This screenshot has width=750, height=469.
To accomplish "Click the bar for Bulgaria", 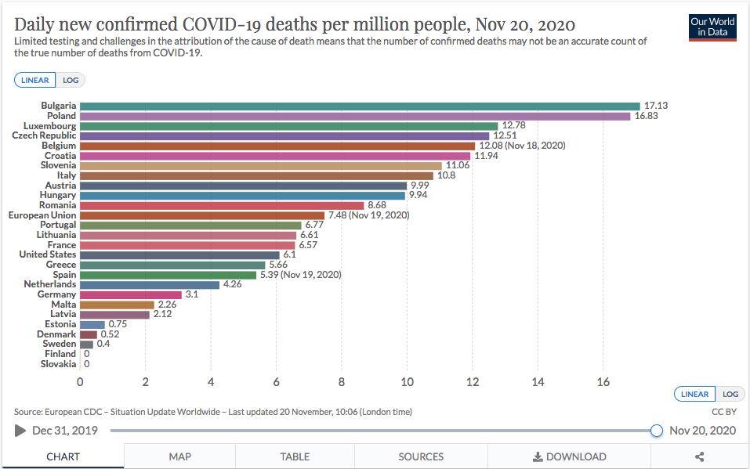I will coord(360,106).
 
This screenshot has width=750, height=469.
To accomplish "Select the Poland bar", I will coord(355,116).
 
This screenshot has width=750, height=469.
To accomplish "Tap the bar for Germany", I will coord(130,294).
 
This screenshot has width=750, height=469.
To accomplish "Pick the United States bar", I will coord(179,254).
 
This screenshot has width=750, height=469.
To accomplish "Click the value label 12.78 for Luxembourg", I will coord(513,125).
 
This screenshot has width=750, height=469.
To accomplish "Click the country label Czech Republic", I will coord(44,135).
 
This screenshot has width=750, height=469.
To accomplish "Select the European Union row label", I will coord(42,215).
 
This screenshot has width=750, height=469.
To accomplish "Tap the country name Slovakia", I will coord(59,364).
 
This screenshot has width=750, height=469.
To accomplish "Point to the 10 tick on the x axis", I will coord(407,382).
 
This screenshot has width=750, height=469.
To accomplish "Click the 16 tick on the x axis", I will coord(603,382).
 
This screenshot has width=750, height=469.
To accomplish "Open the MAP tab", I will coord(179,456).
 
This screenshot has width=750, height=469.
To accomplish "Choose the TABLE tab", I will coord(295,456).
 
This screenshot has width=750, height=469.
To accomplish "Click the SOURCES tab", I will coord(421,456).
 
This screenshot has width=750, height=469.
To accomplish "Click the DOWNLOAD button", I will coord(570,456).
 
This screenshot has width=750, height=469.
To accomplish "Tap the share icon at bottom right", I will coord(700,456).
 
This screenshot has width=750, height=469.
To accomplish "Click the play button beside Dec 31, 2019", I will coord(20,431).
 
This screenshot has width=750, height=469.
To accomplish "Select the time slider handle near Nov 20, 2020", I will coord(657,431).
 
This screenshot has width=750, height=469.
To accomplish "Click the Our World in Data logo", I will coord(712,27).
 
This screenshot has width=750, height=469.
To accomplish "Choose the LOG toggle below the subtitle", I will coord(71,80).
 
